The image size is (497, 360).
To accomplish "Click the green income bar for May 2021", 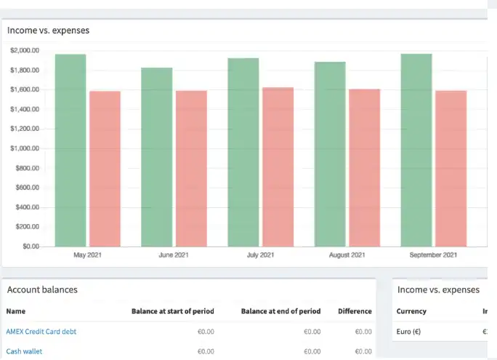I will tap(70, 150).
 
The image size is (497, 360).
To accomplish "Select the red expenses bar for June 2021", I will tap(191, 168).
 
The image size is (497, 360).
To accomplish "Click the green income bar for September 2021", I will tap(416, 149).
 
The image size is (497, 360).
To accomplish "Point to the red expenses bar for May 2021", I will tap(105, 168).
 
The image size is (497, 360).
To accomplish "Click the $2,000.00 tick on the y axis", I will tap(25, 50).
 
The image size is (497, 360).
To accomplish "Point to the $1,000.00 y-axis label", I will tap(25, 148).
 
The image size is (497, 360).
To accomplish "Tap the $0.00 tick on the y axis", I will tap(31, 247).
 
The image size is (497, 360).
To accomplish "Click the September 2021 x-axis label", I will tap(433, 255).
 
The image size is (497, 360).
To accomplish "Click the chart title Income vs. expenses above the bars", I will tap(49, 31).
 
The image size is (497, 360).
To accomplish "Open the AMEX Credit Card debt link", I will tap(41, 332).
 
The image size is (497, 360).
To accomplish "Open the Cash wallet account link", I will tap(24, 351).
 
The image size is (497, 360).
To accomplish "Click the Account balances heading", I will tap(42, 289).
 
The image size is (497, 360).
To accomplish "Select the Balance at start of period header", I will tap(173, 311).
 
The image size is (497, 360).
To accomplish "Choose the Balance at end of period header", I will tap(280, 311).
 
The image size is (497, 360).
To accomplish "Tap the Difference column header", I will tap(355, 311).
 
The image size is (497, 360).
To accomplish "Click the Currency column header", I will tap(411, 311).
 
